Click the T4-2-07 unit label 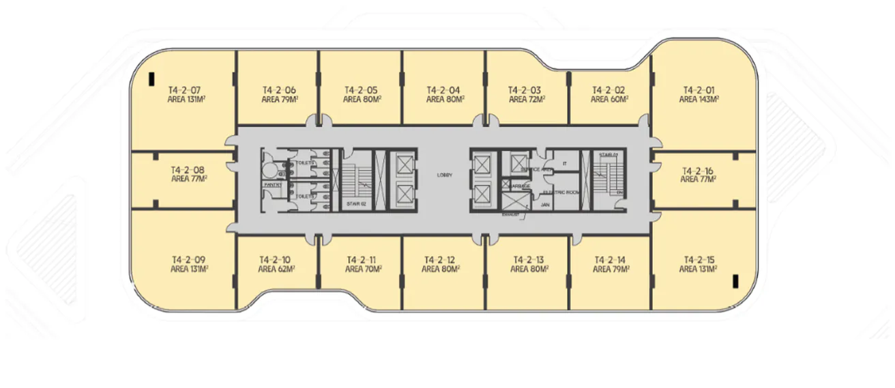tap(185, 89)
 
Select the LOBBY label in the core tap(445, 176)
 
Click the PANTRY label tap(274, 184)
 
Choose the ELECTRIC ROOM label tap(561, 193)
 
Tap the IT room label tap(565, 164)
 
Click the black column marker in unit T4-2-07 tap(152, 79)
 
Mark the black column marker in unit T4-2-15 tap(735, 280)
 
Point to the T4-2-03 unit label tap(525, 89)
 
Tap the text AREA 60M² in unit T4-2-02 tap(609, 99)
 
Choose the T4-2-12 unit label tap(439, 260)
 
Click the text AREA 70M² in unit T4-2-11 tap(363, 269)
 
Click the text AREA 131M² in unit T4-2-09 tap(189, 269)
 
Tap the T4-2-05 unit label tap(361, 89)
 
